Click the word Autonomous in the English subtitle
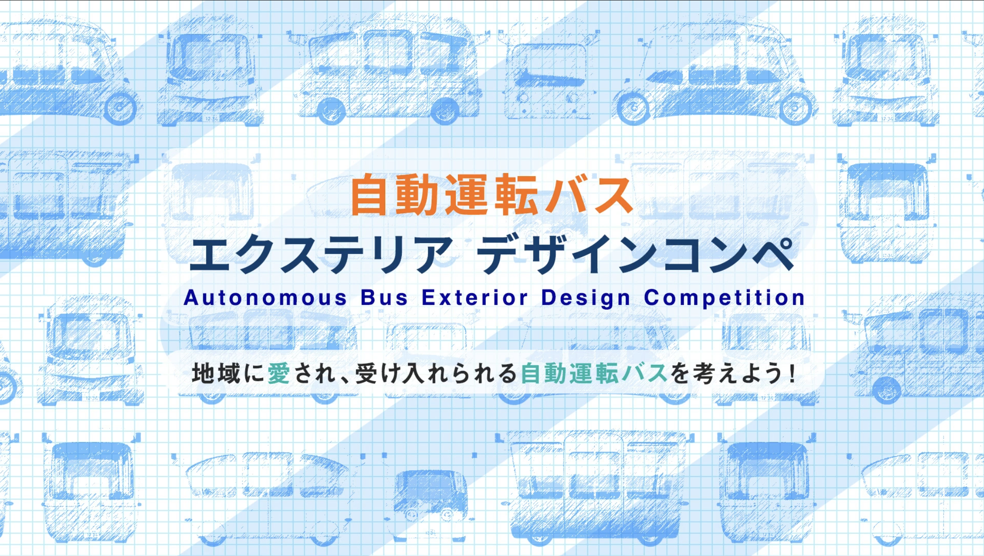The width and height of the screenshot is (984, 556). coord(265,298)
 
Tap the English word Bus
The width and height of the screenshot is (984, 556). coord(384,298)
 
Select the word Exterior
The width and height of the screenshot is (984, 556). coord(475,298)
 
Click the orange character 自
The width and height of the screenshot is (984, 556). coord(369,195)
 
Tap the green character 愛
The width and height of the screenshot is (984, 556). coord(279,373)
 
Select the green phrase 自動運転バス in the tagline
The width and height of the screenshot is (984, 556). coord(594,373)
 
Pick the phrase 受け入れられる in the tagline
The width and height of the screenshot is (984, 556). coord(436,373)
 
